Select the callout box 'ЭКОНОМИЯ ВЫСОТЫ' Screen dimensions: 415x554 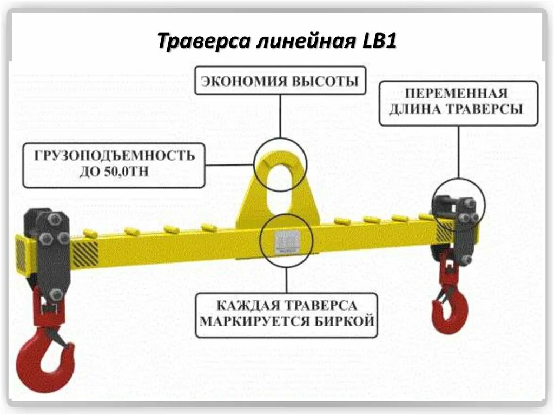(280, 81)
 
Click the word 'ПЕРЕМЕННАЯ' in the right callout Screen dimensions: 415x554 (458, 92)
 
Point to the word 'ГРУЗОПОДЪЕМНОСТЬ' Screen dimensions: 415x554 (114, 156)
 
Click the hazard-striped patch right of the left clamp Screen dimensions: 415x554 (85, 253)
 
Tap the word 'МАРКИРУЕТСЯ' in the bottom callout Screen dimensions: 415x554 (254, 321)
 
